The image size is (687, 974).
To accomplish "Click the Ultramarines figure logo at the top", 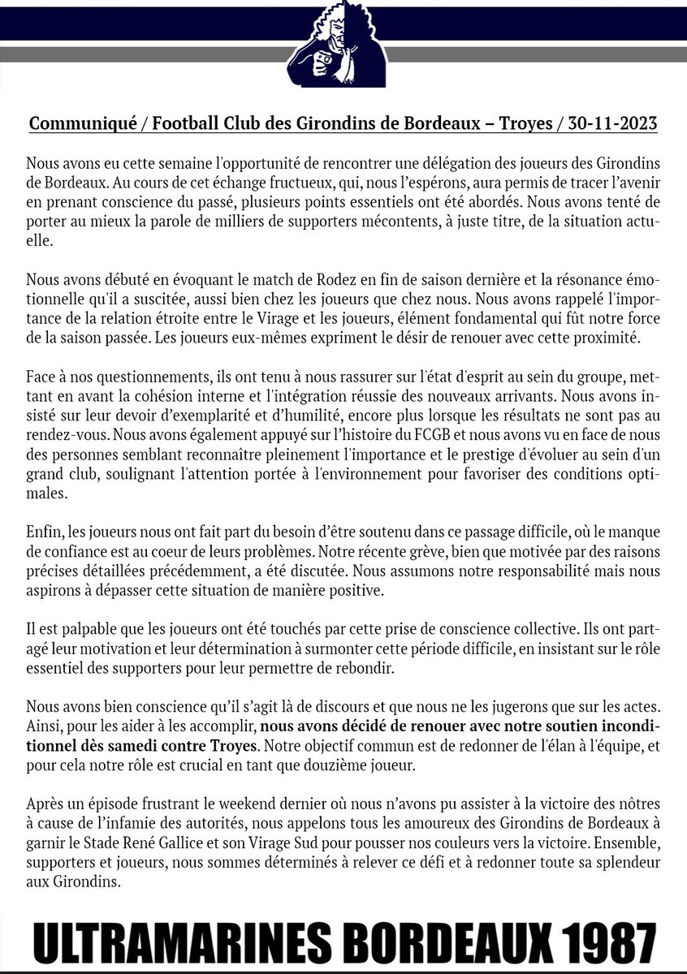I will pyautogui.click(x=344, y=45).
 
